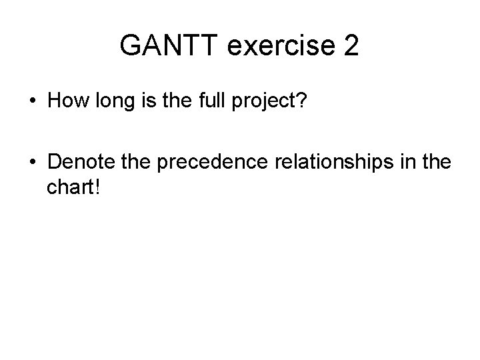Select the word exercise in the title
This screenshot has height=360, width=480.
pos(282,46)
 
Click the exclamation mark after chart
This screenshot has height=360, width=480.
pos(97,187)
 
